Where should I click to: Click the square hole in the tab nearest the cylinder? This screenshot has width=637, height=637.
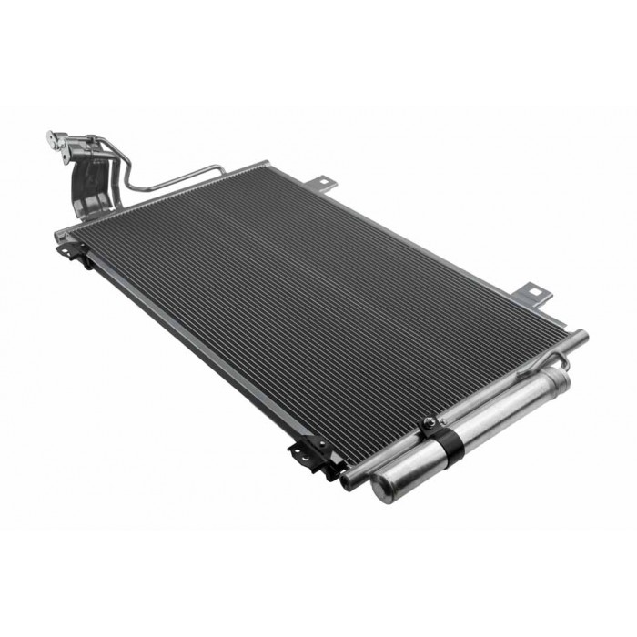click(x=536, y=293)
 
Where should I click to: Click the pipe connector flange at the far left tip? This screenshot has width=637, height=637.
click(x=54, y=141)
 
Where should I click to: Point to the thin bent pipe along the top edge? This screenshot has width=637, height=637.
click(x=173, y=177)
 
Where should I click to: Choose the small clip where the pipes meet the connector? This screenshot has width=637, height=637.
click(x=90, y=140)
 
